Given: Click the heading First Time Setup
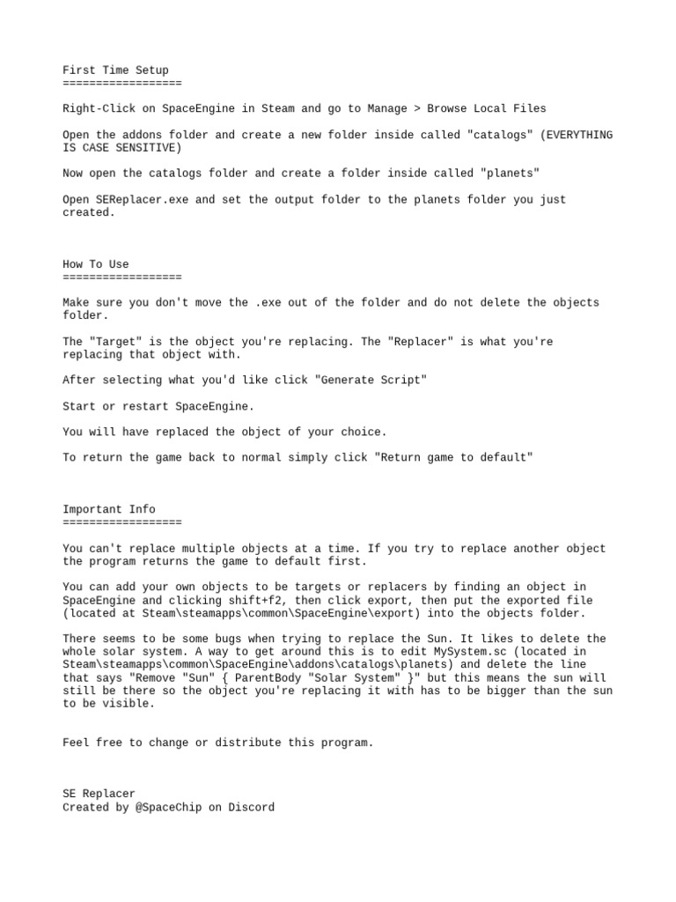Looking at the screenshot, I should coord(115,70).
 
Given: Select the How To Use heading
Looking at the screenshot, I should coord(96,264).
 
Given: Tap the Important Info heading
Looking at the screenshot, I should coord(109,509).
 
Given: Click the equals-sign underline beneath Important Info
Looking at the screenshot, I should coord(122,522).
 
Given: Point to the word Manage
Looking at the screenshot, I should coord(387,109).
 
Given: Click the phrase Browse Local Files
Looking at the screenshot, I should coord(487,109).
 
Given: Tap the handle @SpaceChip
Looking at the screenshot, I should coord(168,807).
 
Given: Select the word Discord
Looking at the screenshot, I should coord(251,807).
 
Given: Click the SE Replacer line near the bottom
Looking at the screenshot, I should coord(99,794).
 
